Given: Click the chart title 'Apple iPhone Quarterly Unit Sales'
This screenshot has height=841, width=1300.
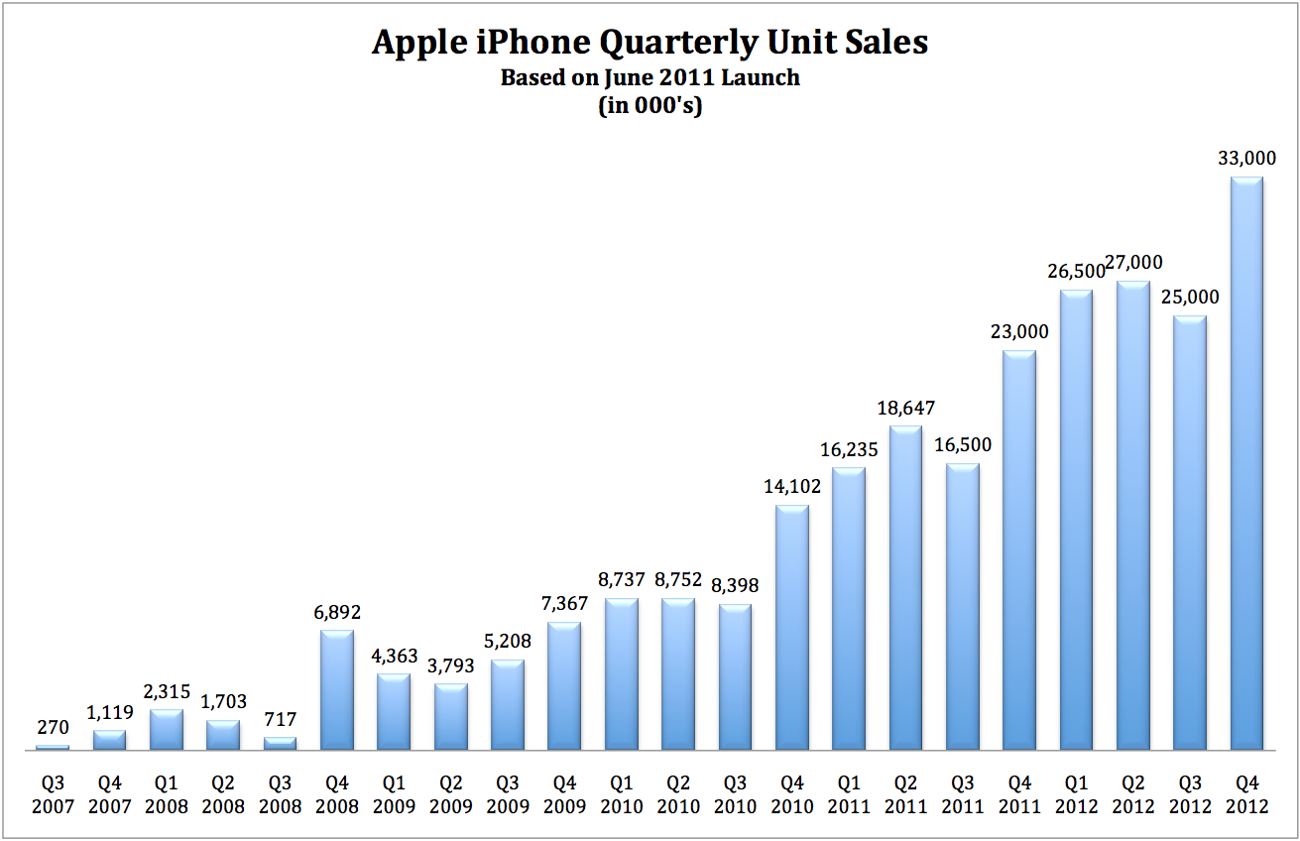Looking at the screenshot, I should click(x=650, y=43).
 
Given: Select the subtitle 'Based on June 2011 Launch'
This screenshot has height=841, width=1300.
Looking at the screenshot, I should click(x=650, y=77).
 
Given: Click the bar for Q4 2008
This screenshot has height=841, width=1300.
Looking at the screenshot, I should click(x=337, y=690).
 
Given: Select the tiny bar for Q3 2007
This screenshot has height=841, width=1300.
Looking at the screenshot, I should click(x=53, y=748).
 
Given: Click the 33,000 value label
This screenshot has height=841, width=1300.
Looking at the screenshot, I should click(x=1246, y=158).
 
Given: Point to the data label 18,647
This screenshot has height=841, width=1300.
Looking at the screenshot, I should click(x=905, y=407).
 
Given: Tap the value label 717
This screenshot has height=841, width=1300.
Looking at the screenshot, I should click(x=280, y=719).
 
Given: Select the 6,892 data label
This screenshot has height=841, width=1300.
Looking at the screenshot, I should click(x=337, y=612).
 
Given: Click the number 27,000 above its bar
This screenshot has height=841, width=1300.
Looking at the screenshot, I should click(x=1133, y=263).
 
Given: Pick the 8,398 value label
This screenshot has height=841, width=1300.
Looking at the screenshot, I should click(x=735, y=586).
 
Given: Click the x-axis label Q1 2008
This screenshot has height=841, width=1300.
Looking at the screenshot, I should click(x=167, y=793).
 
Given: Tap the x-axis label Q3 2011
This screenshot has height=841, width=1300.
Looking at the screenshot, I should click(x=962, y=793).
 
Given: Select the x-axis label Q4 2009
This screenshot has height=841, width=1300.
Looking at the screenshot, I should click(x=564, y=793).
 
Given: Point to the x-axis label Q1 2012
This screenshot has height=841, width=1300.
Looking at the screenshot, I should click(x=1076, y=793).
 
